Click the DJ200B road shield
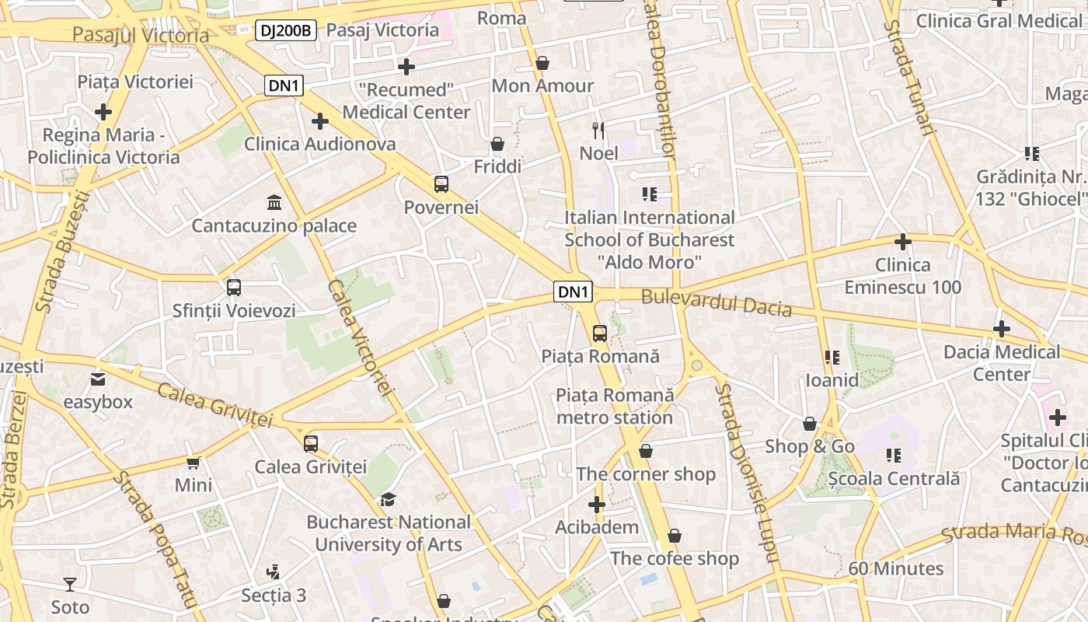point(286,31)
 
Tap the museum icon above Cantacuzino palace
point(274,203)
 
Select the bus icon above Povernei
point(441,184)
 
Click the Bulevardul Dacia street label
point(716,302)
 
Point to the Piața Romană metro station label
point(614,407)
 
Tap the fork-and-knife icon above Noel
point(598,130)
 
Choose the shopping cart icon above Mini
point(194,463)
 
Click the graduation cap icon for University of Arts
point(388,499)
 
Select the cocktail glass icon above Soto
point(70,584)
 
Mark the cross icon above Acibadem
point(597,505)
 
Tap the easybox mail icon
point(98,379)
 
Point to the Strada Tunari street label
point(907,78)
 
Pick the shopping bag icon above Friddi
point(497,144)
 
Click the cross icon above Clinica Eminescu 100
point(902,242)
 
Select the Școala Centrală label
point(894,478)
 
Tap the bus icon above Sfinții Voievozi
point(234,288)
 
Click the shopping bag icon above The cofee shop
point(675,536)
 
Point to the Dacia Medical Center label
point(1002,363)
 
